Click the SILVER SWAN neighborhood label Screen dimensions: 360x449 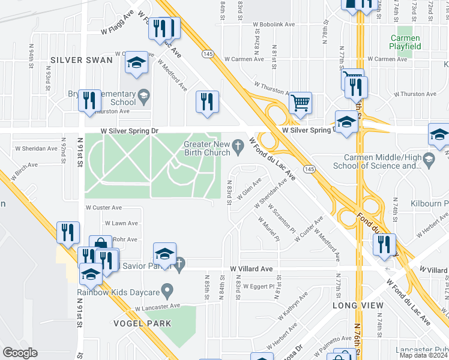82,60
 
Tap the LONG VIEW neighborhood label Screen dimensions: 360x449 358,306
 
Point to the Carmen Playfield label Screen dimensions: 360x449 405,41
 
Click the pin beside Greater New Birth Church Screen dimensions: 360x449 238,145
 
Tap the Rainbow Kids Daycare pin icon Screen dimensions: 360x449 168,292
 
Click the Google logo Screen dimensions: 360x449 20,352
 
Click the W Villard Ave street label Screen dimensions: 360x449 252,269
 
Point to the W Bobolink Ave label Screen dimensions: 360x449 274,25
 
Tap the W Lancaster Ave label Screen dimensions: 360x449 158,307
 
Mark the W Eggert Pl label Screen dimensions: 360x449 260,287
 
